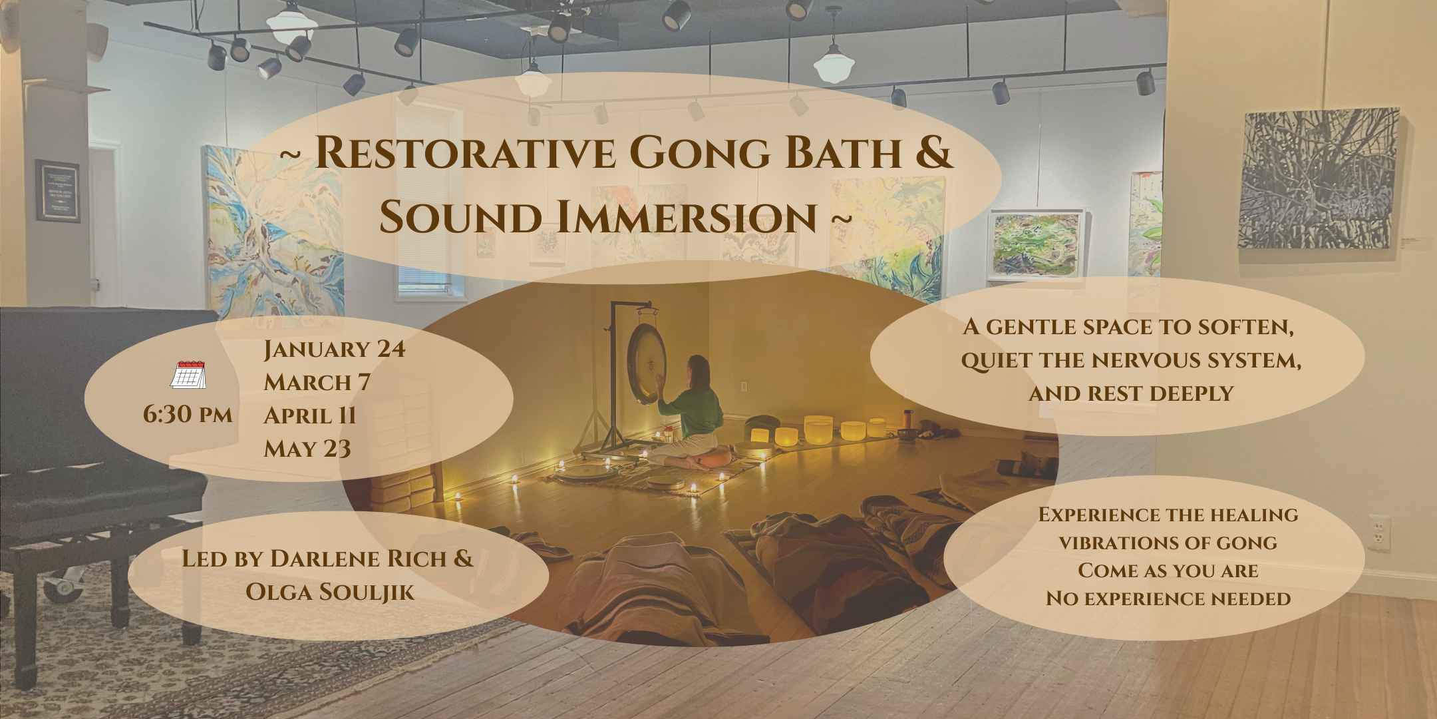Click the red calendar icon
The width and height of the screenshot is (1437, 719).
pos(188,375)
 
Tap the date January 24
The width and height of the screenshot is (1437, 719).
pos(334,349)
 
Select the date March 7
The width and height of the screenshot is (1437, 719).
pos(317,382)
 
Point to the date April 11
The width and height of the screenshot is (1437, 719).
pos(310,415)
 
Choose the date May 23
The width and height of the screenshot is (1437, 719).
pos(307,449)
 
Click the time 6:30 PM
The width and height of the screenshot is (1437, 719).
pos(188,415)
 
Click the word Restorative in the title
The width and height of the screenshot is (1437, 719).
pos(466,152)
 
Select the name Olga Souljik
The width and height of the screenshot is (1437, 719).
pos(330,591)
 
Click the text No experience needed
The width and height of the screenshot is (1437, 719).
pos(1168,599)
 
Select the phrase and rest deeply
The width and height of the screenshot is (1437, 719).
pos(1131,393)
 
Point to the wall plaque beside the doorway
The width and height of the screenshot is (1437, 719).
pos(58,190)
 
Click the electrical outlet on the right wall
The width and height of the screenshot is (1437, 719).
pos(1378,533)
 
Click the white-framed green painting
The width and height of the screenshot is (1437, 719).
pos(1036,244)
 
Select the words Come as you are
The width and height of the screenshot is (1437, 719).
pos(1168,571)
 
